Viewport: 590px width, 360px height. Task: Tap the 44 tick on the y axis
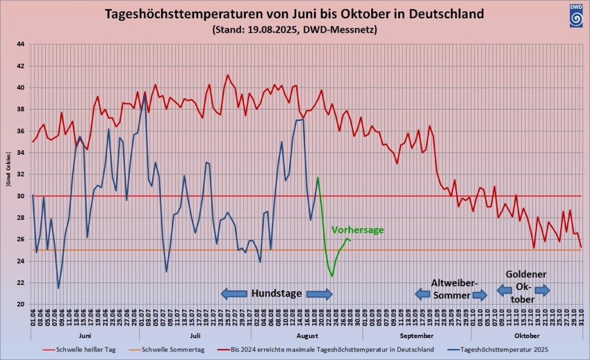click(x=21, y=44)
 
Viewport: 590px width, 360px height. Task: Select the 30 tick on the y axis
click(x=21, y=196)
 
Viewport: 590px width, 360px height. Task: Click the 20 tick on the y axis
click(x=21, y=304)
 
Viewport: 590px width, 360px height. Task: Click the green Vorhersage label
click(x=357, y=230)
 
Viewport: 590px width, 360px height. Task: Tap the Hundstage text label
click(x=276, y=294)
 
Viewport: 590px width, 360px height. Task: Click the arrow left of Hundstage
click(x=234, y=294)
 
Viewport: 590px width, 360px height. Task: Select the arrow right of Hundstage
click(x=319, y=294)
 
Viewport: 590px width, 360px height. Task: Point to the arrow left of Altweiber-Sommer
click(x=422, y=294)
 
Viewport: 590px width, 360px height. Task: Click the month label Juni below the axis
click(x=84, y=335)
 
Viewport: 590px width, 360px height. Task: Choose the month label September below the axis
click(x=416, y=335)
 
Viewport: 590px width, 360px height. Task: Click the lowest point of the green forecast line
click(x=332, y=277)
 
